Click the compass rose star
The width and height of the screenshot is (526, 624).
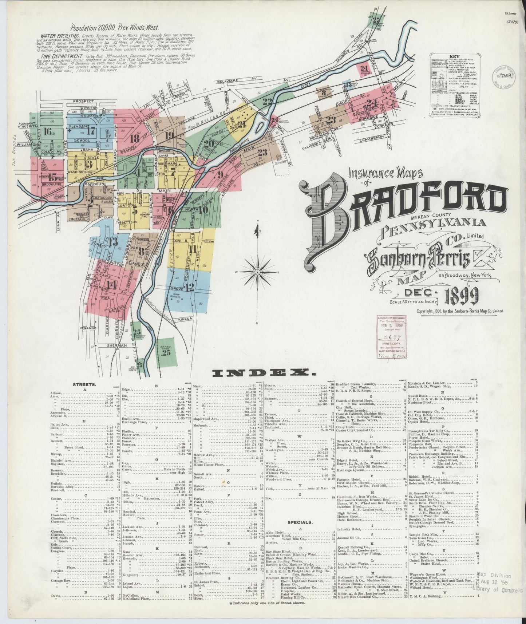(257, 272)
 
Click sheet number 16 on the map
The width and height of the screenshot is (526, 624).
(47, 132)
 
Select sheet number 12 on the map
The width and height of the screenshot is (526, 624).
(189, 287)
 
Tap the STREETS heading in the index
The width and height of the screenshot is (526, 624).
(84, 384)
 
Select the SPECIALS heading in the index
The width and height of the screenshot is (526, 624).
(300, 522)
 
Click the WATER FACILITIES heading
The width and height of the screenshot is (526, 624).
(59, 36)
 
